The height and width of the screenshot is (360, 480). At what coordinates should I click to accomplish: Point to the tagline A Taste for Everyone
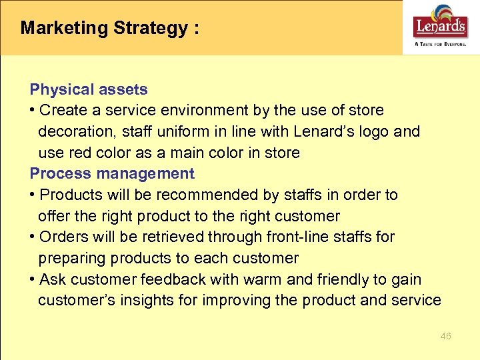pos(440,43)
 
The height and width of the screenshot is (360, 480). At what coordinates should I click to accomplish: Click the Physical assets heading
pos(89,89)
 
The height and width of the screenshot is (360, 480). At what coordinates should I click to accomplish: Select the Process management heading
pos(112,174)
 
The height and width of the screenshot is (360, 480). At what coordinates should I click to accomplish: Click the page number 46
pos(446,336)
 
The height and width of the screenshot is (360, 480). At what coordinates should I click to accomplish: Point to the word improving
pos(239,301)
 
